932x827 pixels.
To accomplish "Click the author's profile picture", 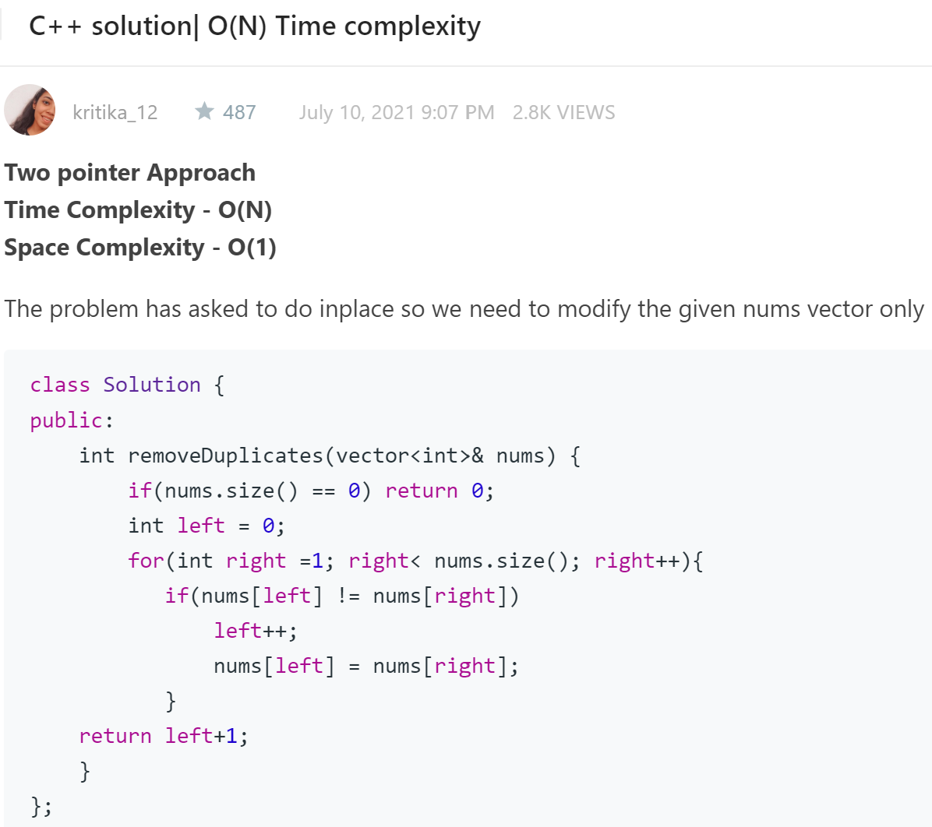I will tap(30, 111).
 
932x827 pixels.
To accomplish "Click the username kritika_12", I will tap(115, 113).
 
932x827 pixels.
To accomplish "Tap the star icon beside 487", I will tap(204, 111).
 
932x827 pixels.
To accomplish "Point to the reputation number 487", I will tap(239, 113).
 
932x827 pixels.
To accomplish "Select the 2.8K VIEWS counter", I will tap(563, 113).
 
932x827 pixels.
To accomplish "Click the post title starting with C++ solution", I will tap(255, 26).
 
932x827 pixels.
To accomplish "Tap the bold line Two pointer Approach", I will tap(130, 173).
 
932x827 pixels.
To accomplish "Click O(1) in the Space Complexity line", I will tap(252, 248).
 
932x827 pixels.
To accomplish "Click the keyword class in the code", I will tap(60, 385).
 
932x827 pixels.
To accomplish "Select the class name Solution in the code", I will tap(152, 385).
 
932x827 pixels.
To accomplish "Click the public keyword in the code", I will tap(66, 421).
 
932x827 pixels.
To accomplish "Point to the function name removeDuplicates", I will tap(225, 456).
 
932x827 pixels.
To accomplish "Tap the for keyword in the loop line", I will tap(146, 561).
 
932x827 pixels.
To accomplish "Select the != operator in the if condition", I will tap(348, 596).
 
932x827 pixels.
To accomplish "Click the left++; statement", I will tap(256, 631).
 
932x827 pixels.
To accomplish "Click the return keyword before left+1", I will tap(115, 736).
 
